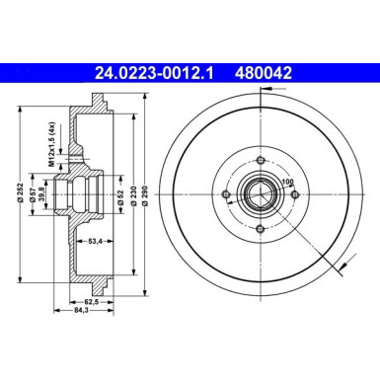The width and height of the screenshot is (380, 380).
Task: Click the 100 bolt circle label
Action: coord(289,181)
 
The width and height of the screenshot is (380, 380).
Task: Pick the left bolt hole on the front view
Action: coord(228,193)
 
